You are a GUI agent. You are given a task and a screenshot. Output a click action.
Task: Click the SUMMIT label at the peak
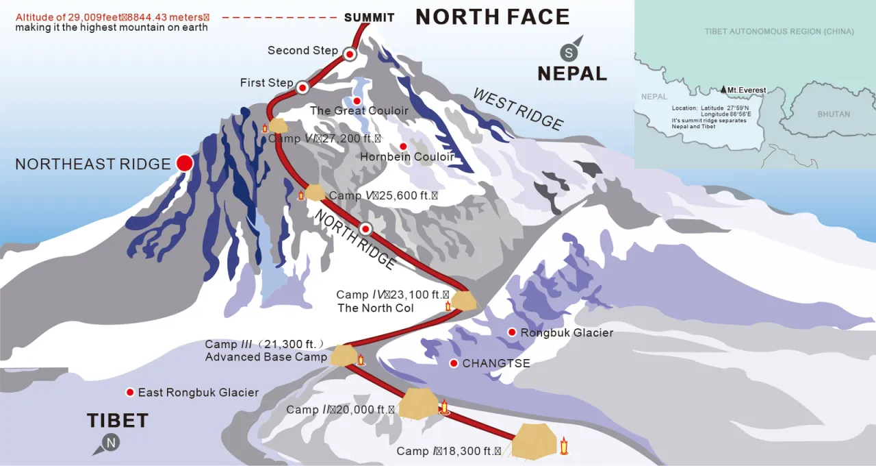coord(369,18)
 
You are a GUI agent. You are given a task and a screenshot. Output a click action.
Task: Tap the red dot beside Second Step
coord(350,53)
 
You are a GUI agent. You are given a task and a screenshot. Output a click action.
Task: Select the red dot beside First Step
coord(302,87)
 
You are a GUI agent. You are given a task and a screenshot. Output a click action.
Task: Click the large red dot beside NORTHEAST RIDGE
coord(184,163)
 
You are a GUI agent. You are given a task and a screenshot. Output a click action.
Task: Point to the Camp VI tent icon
coord(278,125)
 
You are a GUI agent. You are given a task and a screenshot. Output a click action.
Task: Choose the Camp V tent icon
coord(315,193)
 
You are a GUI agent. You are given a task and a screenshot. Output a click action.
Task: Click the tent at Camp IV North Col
coord(464,300)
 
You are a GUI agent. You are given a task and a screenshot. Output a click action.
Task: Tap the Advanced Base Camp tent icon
coord(344,355)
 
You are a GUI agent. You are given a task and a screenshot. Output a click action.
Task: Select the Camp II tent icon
coord(418,403)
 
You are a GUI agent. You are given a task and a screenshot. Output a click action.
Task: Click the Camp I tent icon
coord(534,441)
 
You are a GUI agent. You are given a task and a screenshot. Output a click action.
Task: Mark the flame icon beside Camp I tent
coord(564,447)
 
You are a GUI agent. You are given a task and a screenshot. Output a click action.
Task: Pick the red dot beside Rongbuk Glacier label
coord(511,332)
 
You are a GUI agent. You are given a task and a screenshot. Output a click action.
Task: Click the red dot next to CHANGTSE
coord(453,363)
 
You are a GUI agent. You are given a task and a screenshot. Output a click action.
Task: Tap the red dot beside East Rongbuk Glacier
coord(129,392)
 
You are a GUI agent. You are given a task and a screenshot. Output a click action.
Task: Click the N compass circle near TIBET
coord(111,443)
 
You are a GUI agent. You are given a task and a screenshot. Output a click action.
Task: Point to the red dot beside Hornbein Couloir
coord(403,146)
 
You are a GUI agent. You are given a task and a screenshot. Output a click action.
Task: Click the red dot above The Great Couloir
coord(357,101)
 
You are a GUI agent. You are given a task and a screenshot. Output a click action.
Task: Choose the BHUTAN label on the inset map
coord(834,114)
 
